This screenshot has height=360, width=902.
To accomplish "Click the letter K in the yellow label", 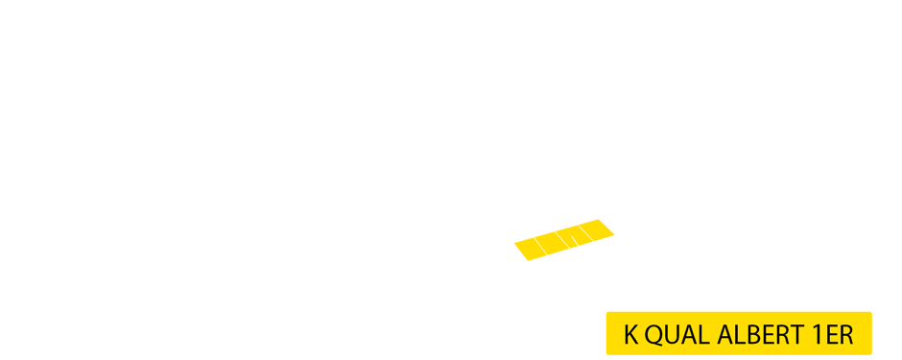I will pos(630,335).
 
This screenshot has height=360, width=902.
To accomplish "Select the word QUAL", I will pos(676,335).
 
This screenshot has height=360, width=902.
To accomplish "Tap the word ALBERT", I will pos(758,335).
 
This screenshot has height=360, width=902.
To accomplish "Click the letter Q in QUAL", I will pos(652,335).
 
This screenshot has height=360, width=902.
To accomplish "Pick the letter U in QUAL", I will pos(670,335).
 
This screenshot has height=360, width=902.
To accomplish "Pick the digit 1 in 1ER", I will pos(815,335).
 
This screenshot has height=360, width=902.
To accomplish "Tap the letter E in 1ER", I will pos(829,335).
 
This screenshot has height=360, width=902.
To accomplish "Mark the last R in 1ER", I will pos(844,335).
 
